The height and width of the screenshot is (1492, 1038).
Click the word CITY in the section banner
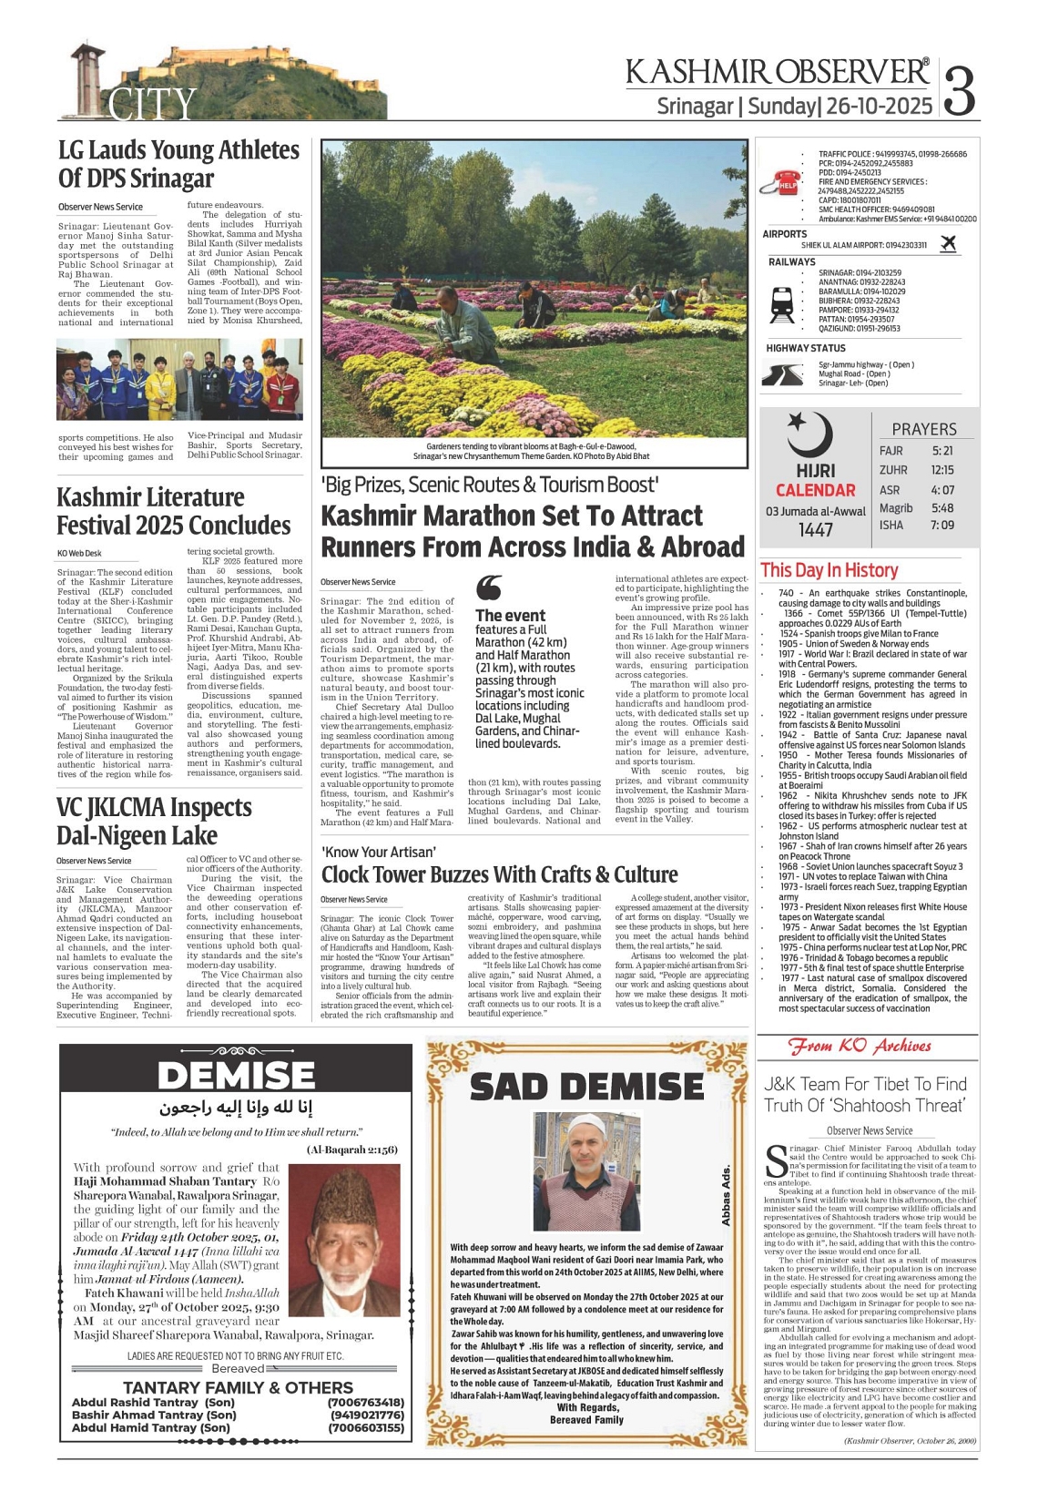[x=152, y=103]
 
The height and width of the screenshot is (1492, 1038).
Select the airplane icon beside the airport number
[x=948, y=243]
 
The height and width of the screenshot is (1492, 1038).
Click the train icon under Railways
[x=782, y=304]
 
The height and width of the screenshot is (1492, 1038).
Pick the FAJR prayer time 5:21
[x=942, y=451]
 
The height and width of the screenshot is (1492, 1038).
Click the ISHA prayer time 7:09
[x=942, y=526]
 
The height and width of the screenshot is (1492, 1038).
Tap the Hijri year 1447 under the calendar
[x=816, y=529]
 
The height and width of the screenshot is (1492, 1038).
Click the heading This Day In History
[x=829, y=570]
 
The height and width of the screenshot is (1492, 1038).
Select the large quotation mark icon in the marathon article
[x=489, y=588]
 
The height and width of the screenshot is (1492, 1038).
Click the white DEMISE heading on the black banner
[x=236, y=1076]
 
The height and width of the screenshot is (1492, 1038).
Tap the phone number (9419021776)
[x=366, y=1415]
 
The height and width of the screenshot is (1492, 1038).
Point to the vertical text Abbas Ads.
[x=726, y=1195]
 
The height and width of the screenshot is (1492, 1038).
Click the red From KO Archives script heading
[x=860, y=1047]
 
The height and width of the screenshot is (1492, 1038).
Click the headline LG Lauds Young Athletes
[x=178, y=150]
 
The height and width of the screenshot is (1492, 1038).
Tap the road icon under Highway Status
[x=781, y=374]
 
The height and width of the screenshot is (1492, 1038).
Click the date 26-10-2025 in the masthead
[x=880, y=107]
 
